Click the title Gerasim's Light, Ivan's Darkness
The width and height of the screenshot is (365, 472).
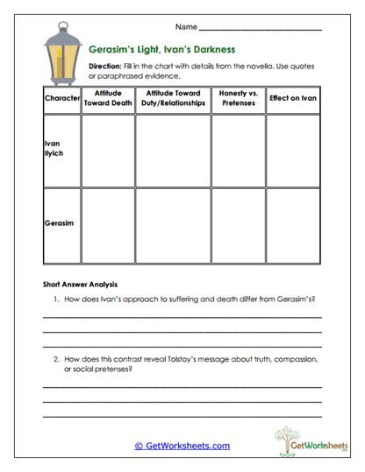161,51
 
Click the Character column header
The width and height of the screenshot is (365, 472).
61,98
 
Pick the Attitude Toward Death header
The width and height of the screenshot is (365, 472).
107,98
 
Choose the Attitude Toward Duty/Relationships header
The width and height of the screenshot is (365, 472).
173,98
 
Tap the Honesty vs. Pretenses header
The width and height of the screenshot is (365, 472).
238,98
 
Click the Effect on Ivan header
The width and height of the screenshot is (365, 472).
293,98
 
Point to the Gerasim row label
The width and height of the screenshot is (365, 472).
58,222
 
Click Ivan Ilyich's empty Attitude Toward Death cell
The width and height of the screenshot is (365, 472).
107,150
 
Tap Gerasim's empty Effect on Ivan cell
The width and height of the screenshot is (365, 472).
293,225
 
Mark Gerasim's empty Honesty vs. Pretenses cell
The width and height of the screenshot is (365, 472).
238,225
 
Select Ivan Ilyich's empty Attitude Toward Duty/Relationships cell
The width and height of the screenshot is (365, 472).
173,150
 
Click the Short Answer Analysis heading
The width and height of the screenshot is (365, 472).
80,285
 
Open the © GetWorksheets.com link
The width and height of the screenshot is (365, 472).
182,445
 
